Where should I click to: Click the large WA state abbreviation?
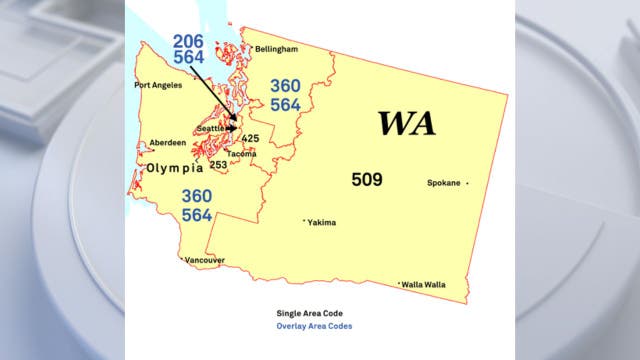coord(406,124)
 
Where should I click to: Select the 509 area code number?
coord(367,179)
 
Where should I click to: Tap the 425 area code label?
coord(250,138)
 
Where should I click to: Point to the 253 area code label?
coord(218,164)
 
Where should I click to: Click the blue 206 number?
coord(189,41)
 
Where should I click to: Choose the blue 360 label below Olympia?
coord(196,197)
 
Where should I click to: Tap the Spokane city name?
coord(444,183)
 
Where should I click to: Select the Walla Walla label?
coord(424,285)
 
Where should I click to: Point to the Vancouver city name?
coord(203,260)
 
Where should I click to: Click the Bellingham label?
coord(276,48)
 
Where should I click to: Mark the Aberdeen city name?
coord(167,143)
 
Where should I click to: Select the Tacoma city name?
coord(242,154)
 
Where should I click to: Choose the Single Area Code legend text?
coord(312,313)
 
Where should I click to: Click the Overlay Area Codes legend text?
coord(314,326)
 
